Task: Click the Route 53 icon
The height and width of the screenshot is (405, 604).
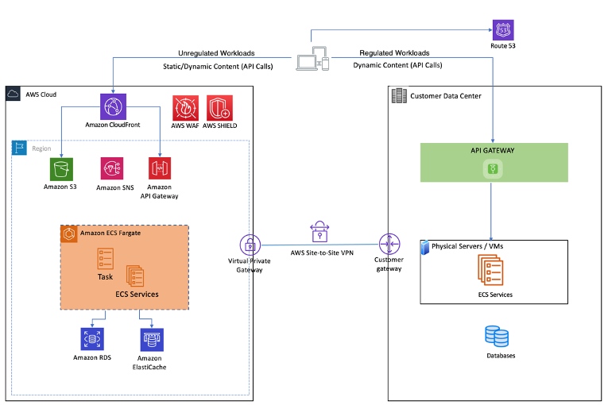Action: pos(503,30)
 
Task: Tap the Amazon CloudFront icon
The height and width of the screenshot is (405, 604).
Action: pos(114,106)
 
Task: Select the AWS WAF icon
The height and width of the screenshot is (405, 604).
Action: pos(185,107)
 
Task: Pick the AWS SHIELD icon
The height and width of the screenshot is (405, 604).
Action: pos(219,107)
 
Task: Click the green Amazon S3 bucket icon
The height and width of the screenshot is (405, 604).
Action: pos(60,168)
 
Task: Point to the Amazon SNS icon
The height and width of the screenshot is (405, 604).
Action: pos(112,168)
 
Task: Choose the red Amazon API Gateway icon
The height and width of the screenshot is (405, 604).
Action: pos(160,168)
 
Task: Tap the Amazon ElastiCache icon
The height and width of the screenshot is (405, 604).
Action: pos(151,339)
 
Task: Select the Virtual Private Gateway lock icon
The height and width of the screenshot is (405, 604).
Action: pos(250,245)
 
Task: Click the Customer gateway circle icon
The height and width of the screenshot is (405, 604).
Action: pos(389,245)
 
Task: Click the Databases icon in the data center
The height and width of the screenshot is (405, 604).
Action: pos(497,337)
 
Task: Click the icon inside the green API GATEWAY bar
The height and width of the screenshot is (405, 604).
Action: pos(494,168)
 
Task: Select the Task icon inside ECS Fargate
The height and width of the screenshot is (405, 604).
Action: pos(105,258)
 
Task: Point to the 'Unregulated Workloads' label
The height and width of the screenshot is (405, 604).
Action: pos(216,53)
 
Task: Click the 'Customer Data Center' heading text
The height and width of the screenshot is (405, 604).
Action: pos(447,96)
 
